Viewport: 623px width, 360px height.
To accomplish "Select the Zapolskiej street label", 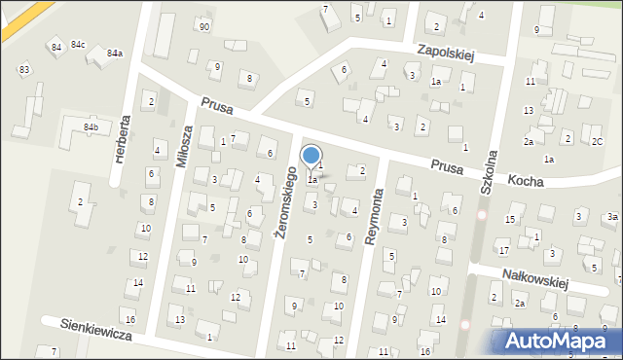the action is tap(444, 51).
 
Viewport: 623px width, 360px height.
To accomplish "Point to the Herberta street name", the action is tap(122, 139).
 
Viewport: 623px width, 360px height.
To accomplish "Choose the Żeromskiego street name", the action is tap(284, 202).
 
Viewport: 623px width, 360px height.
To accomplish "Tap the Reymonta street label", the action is tap(371, 216).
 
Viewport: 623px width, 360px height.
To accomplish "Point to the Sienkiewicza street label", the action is tap(95, 331).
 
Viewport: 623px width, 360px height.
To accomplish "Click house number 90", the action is tap(202, 25).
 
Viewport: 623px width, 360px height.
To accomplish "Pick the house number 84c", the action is tap(78, 45).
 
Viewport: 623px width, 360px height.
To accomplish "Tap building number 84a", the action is tap(115, 53).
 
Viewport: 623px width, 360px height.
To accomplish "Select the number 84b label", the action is tap(91, 127).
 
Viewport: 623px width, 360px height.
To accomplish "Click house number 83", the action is tap(23, 70).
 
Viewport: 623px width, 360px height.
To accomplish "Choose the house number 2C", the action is tap(597, 141).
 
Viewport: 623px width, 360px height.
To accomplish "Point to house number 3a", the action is tap(611, 216).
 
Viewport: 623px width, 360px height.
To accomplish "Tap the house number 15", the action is tap(509, 220).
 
